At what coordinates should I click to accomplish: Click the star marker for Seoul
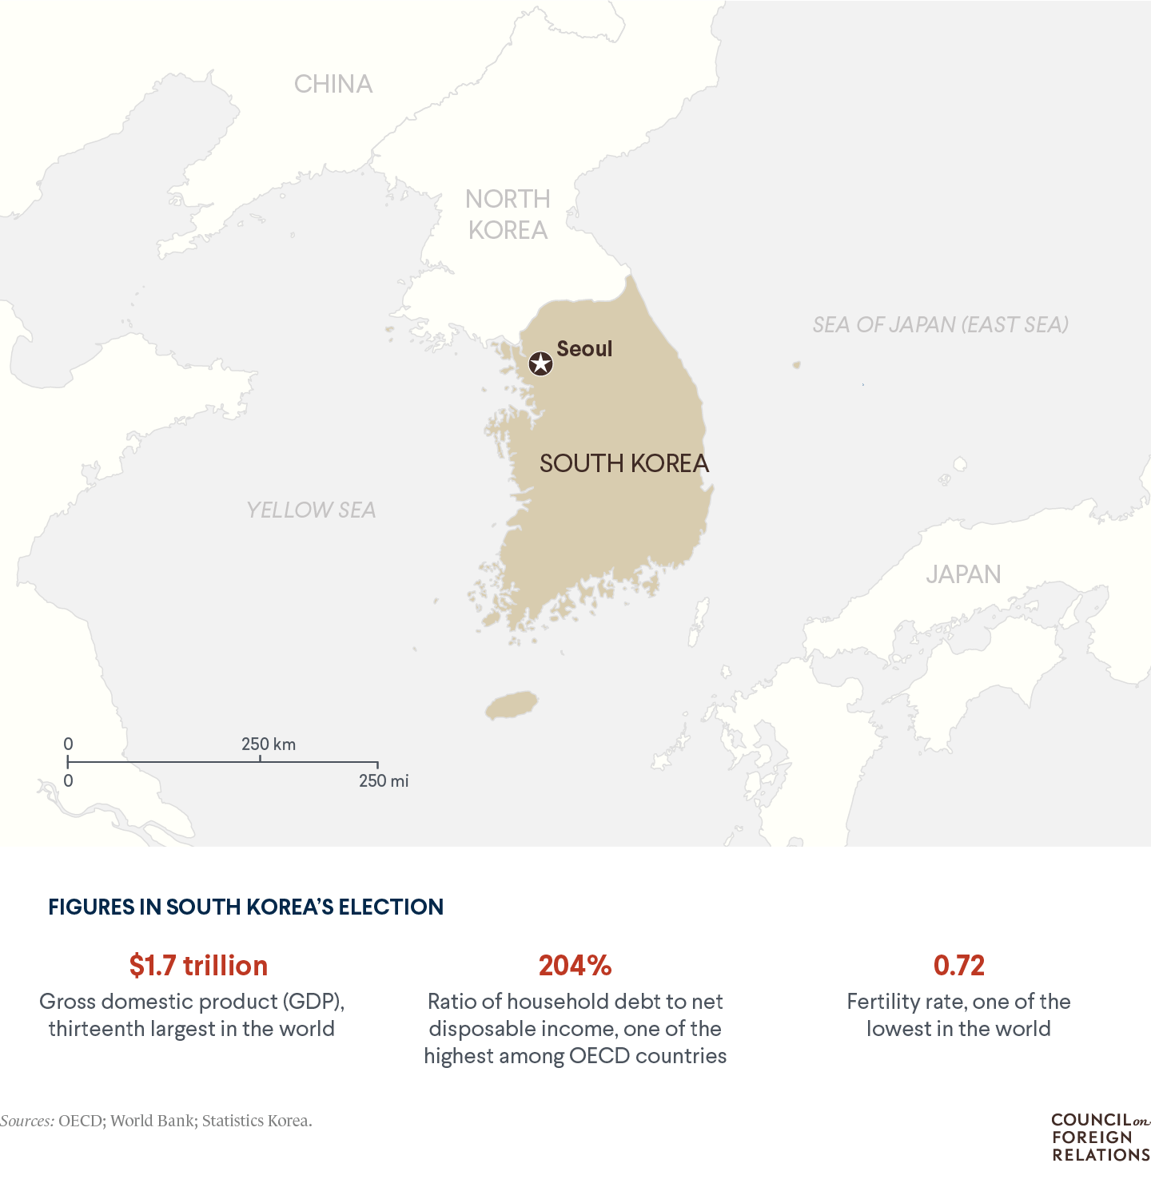(x=541, y=364)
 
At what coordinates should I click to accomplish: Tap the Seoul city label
(x=584, y=349)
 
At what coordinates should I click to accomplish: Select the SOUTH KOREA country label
(x=623, y=463)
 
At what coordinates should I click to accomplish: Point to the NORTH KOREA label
(x=508, y=214)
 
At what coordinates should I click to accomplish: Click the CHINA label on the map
(x=333, y=84)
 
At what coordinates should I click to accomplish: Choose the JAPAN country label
(x=963, y=574)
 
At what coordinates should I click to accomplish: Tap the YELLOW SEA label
(x=311, y=510)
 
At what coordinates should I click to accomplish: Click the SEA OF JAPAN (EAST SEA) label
(x=940, y=324)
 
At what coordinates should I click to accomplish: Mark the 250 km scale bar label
(x=269, y=744)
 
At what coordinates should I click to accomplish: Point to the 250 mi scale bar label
(x=384, y=781)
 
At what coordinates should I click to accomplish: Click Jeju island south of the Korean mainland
(x=512, y=705)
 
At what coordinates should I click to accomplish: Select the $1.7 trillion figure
(x=198, y=966)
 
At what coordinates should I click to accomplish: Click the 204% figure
(x=575, y=966)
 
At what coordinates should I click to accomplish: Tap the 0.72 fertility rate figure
(x=958, y=966)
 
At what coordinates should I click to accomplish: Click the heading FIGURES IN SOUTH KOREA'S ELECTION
(x=245, y=907)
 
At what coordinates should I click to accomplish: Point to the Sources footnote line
(x=156, y=1121)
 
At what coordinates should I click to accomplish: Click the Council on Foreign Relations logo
(x=1100, y=1137)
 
